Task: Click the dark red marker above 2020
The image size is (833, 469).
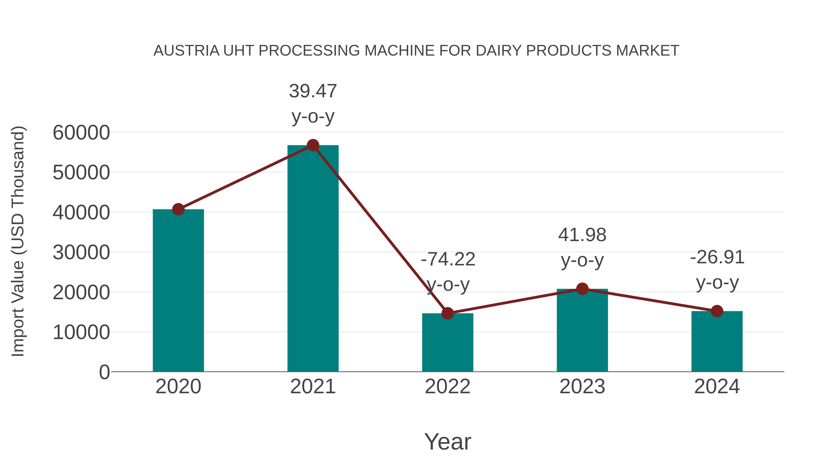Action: tap(178, 209)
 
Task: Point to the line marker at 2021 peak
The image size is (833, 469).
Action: tap(313, 145)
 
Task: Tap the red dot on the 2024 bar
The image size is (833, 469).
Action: tap(717, 311)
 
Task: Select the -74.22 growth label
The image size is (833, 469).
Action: tap(448, 259)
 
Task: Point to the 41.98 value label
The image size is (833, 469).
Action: tap(582, 235)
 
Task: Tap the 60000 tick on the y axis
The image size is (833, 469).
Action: tap(81, 132)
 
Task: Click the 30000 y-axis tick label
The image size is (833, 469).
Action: tap(81, 252)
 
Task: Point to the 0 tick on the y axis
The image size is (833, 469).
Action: tap(104, 372)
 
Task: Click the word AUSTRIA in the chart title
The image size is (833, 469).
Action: tap(186, 50)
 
